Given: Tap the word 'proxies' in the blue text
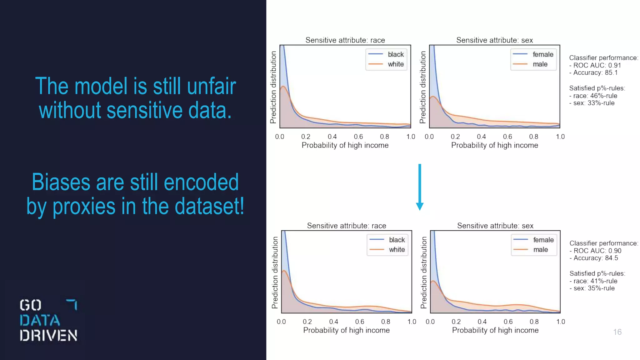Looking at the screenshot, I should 84,207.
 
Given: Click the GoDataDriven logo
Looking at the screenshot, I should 48,320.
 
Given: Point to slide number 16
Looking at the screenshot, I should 617,332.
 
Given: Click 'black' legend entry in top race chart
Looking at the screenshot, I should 396,54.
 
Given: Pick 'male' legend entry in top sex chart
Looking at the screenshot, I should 540,64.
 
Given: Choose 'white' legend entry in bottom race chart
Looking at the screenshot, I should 397,250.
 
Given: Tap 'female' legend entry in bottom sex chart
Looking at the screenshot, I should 543,240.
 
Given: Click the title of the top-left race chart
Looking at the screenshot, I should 345,40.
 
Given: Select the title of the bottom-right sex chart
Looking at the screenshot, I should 495,226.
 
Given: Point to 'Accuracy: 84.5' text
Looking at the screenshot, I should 596,258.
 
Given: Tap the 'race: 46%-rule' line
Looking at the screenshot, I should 595,96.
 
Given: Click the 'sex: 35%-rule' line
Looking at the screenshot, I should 594,288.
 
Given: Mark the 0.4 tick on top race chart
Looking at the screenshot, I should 332,137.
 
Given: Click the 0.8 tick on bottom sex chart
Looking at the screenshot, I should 534,322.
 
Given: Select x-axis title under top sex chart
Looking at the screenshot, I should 494,145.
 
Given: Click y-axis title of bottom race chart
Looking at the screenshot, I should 275,272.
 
